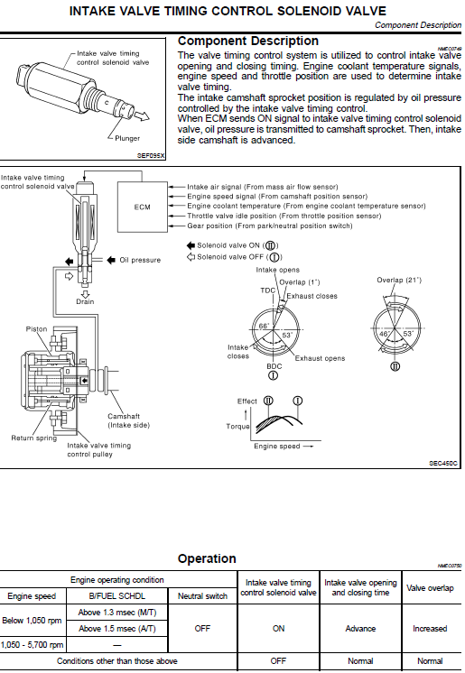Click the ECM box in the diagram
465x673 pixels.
[x=143, y=207]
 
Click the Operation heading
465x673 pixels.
[x=207, y=558]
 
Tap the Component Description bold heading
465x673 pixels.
[x=248, y=41]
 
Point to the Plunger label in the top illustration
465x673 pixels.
[x=127, y=138]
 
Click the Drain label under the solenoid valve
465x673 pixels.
[x=85, y=301]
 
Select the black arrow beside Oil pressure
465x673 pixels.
[x=111, y=260]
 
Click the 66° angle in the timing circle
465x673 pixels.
[x=264, y=327]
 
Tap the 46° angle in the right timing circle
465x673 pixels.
[x=385, y=334]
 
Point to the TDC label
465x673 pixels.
[x=267, y=290]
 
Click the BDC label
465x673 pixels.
[x=274, y=366]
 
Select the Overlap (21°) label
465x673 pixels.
[x=399, y=280]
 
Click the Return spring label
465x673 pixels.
[x=34, y=438]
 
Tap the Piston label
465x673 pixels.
[x=36, y=328]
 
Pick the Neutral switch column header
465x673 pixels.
[x=202, y=596]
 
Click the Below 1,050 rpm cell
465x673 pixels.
[x=32, y=620]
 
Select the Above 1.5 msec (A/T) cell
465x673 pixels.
[x=116, y=629]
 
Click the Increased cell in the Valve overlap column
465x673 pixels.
[x=430, y=629]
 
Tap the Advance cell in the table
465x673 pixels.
[x=360, y=629]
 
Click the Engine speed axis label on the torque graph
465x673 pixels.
[x=277, y=447]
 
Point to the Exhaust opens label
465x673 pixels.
[x=320, y=358]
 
